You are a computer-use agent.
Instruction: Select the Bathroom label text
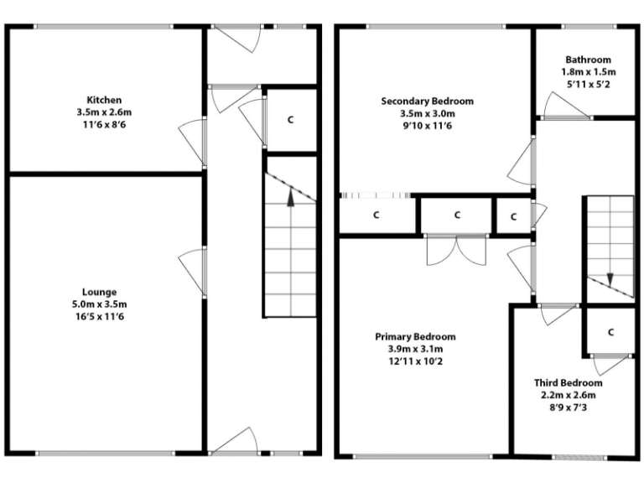[587, 60]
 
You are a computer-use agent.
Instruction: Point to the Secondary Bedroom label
[427, 101]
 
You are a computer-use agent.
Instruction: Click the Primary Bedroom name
[416, 337]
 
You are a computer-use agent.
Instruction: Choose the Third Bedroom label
[568, 382]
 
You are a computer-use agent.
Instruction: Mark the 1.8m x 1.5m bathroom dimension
[587, 72]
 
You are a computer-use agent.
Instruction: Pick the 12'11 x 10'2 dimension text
[416, 361]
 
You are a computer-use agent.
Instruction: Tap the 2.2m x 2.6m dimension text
[568, 395]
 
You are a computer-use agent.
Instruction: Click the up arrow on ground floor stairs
[290, 197]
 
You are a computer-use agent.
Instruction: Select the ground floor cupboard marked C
[291, 119]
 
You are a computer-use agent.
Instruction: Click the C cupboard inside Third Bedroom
[610, 332]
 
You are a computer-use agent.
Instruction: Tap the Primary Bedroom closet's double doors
[456, 248]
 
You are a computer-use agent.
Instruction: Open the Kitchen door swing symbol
[193, 143]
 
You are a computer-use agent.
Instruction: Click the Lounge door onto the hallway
[193, 271]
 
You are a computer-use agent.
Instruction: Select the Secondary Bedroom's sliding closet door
[376, 196]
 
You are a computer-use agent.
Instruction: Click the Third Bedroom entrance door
[557, 314]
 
